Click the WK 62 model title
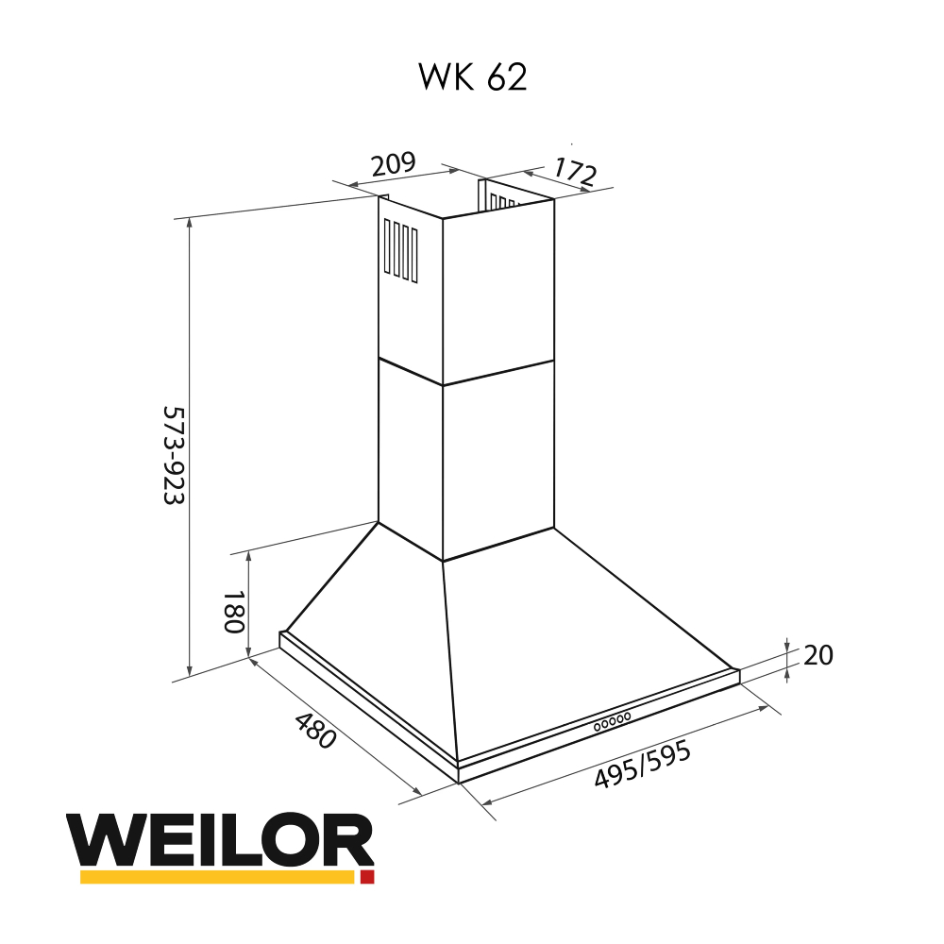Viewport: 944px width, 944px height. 472,77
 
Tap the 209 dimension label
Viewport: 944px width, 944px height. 393,164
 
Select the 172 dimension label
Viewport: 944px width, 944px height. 574,172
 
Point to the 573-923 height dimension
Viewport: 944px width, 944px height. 173,456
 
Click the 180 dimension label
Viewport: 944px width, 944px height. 233,613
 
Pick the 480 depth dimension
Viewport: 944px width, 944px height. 315,731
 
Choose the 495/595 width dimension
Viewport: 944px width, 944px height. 643,765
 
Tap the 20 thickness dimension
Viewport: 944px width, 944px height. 818,655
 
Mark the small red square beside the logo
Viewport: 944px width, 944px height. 367,877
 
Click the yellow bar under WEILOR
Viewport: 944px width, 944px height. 216,877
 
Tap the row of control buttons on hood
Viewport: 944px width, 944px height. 612,722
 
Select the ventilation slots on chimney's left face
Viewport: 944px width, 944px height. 400,251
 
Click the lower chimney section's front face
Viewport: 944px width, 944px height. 497,467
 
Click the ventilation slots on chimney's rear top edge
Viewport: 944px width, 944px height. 503,201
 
